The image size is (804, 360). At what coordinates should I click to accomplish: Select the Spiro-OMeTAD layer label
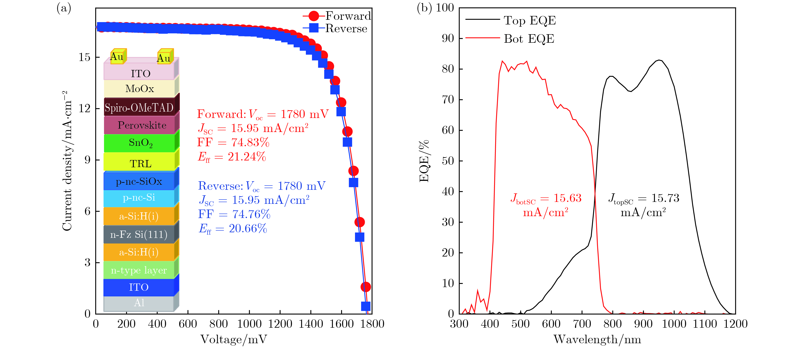[139, 108]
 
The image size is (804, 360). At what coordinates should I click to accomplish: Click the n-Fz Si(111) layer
[139, 234]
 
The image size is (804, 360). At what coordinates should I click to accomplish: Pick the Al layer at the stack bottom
[139, 303]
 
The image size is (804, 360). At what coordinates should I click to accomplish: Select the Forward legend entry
[337, 16]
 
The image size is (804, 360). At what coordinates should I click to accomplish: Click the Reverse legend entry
[335, 28]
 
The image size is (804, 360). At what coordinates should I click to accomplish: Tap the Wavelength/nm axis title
[597, 339]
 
